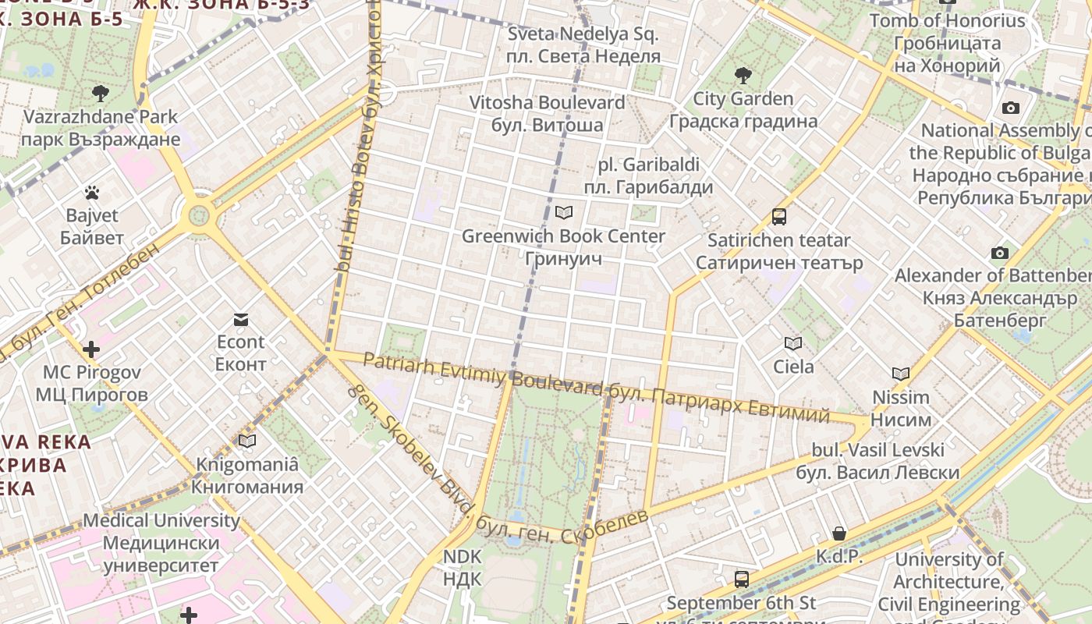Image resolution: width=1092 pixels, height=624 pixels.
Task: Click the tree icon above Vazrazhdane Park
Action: click(x=100, y=94)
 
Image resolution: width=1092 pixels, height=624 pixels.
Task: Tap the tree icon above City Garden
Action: click(x=743, y=76)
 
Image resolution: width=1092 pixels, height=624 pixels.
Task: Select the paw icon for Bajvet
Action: click(x=92, y=192)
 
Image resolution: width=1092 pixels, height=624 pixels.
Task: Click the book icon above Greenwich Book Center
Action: click(x=563, y=212)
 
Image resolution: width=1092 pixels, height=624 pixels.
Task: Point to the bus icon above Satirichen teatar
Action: click(x=778, y=217)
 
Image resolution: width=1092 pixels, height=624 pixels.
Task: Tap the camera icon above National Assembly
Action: click(x=1011, y=108)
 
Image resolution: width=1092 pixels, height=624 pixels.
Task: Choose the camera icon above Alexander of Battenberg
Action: click(x=999, y=253)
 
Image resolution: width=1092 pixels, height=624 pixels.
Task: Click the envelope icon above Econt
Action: click(x=240, y=319)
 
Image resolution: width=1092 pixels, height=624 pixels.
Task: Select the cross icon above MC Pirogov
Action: click(x=91, y=349)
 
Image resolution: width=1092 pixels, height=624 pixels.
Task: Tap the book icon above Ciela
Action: click(x=793, y=343)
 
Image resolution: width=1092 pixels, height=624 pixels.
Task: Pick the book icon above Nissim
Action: click(x=901, y=374)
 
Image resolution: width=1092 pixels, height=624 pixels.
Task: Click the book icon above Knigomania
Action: click(x=247, y=441)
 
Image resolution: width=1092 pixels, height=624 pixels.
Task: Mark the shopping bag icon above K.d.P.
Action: click(x=839, y=534)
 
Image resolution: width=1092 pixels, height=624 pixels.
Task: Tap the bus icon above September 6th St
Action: click(x=741, y=580)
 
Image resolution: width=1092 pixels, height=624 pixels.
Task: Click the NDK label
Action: click(x=463, y=568)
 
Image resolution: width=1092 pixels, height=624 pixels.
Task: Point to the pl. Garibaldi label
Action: click(x=648, y=175)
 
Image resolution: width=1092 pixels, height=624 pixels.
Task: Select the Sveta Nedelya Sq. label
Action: click(x=583, y=45)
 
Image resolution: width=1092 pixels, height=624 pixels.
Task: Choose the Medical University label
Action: click(x=161, y=542)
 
